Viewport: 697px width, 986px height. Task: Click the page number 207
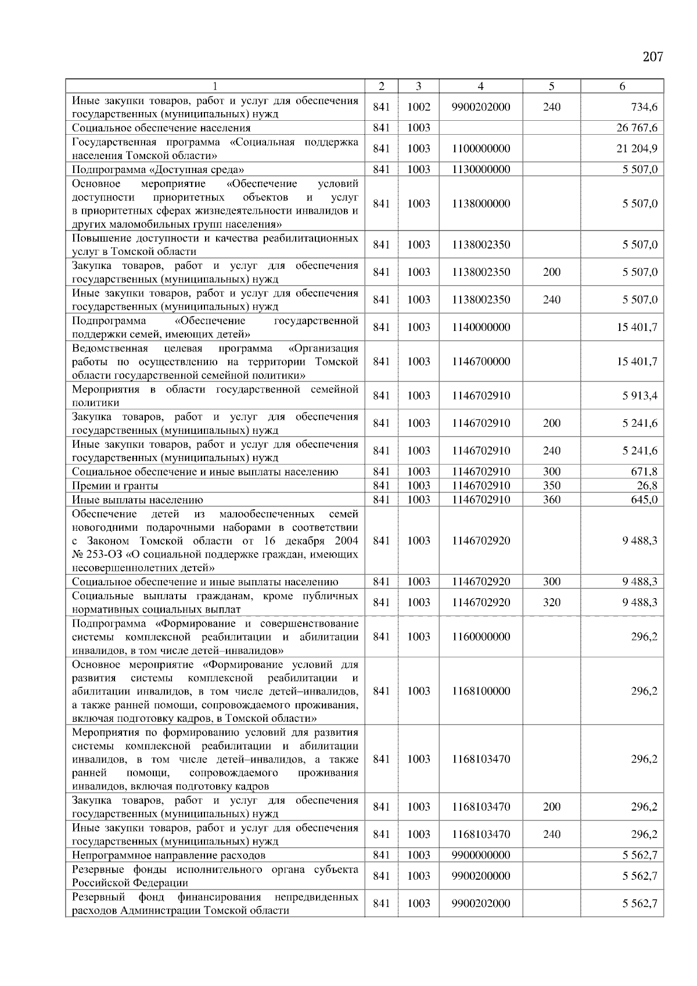(x=653, y=57)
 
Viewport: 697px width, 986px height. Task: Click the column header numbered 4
(x=480, y=87)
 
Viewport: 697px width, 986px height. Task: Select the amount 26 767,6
(x=637, y=128)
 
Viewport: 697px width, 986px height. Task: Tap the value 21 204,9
(x=637, y=149)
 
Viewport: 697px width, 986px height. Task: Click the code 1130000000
(x=481, y=170)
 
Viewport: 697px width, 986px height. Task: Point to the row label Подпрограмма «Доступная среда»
(x=157, y=170)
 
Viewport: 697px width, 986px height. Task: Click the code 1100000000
(x=481, y=149)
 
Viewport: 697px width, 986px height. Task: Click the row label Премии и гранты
(x=115, y=486)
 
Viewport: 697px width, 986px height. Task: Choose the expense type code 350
(x=551, y=486)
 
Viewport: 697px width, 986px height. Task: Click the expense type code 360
(x=551, y=500)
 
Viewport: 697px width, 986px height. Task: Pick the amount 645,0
(x=645, y=500)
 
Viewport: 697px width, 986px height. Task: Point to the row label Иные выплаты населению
(x=138, y=500)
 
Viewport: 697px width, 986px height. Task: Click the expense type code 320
(x=551, y=603)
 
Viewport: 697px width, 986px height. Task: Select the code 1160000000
(x=481, y=637)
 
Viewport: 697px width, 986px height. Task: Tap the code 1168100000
(x=481, y=692)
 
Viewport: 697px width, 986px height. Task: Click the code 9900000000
(x=481, y=855)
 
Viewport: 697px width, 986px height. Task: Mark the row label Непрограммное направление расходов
(x=168, y=855)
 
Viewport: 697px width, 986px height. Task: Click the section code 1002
(x=418, y=107)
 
